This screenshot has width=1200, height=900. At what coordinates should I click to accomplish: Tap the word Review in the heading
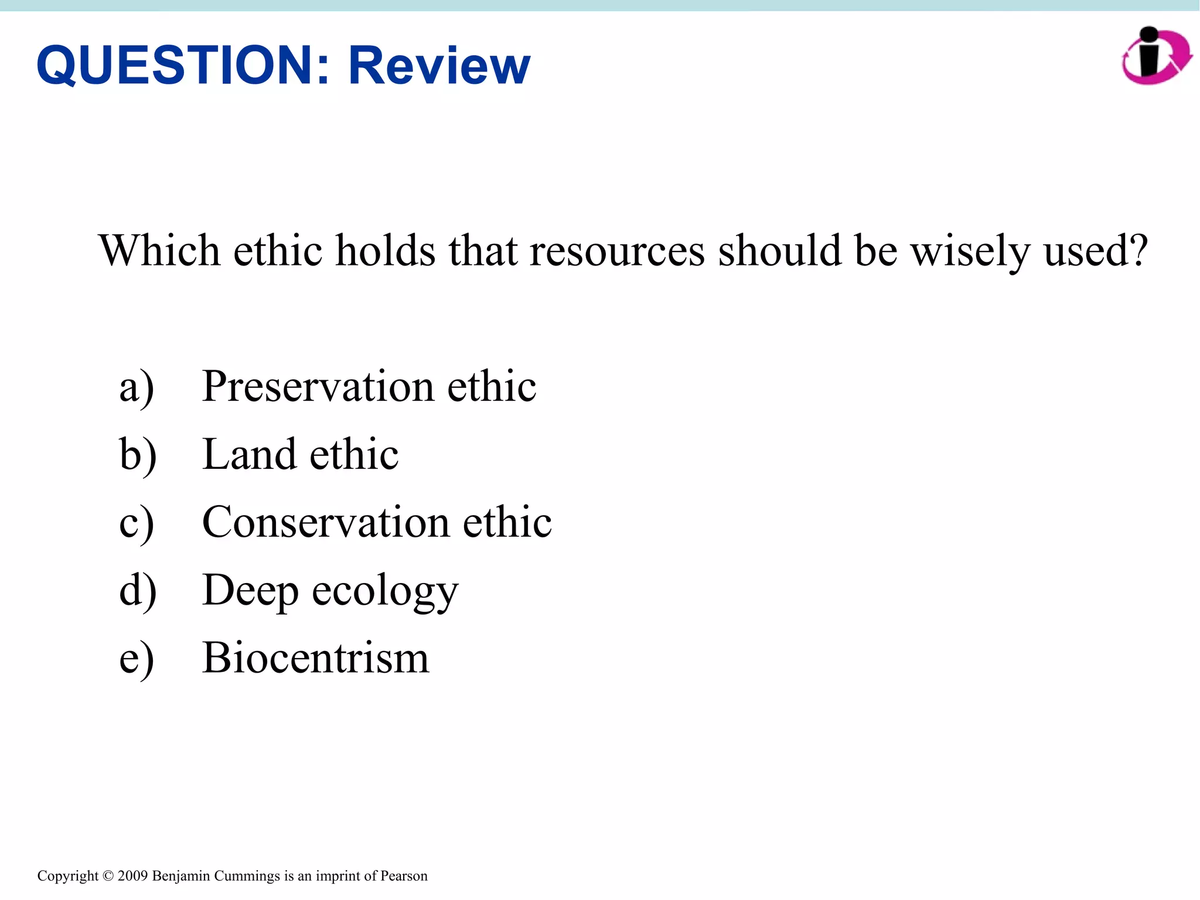coord(439,66)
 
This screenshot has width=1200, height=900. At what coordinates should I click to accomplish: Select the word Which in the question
coord(159,251)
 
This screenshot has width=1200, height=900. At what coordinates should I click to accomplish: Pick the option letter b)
coord(138,455)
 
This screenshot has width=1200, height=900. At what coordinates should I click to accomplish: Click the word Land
coord(249,455)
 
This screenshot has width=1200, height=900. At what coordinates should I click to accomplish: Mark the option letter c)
coord(137,523)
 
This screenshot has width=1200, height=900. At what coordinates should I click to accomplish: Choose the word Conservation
coord(325,522)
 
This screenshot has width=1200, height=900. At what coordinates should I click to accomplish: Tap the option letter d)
coord(138,590)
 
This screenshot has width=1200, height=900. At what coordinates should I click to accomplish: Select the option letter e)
coord(137,659)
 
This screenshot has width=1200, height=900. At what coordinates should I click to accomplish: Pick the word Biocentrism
coord(315,658)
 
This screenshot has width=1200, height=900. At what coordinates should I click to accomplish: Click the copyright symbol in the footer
coord(108,876)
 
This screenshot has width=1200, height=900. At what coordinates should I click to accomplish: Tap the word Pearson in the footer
coord(404,876)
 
